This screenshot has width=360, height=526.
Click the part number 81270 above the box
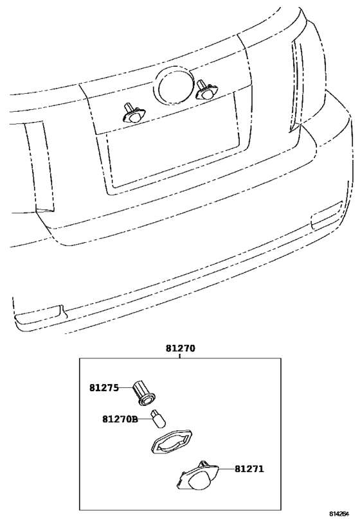(x=180, y=348)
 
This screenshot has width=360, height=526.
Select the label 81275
(x=104, y=388)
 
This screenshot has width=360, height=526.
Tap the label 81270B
(x=120, y=419)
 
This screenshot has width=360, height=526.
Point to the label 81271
(x=249, y=468)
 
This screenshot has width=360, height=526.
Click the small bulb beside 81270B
(x=159, y=419)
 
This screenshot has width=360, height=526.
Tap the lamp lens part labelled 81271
(x=198, y=476)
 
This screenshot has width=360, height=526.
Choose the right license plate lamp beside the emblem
(x=206, y=91)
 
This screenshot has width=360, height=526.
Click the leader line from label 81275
(x=126, y=388)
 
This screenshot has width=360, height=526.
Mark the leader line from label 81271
(x=227, y=468)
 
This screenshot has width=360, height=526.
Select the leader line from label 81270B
(x=145, y=419)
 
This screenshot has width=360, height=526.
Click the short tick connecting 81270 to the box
(x=180, y=356)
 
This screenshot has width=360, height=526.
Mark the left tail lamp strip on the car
(x=39, y=166)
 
